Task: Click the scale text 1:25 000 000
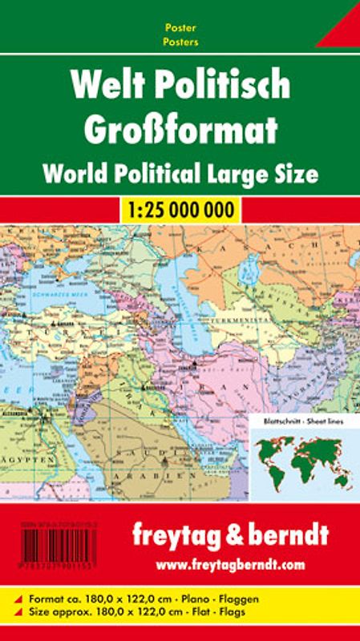click(x=180, y=211)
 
